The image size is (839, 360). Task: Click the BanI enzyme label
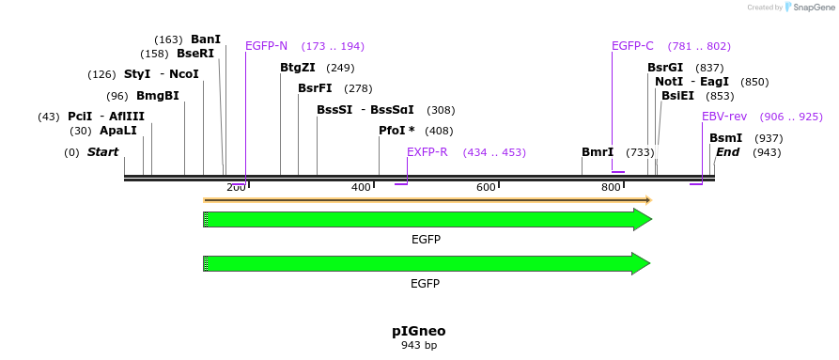point(206,39)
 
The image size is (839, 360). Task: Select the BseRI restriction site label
point(195,54)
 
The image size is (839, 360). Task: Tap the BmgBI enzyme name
point(158,96)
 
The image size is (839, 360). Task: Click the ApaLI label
point(118,131)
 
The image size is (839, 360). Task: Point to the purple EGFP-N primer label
point(266,46)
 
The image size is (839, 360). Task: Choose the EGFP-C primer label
point(632,46)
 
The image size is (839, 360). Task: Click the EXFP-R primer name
point(427,152)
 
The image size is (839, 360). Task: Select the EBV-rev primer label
point(724,117)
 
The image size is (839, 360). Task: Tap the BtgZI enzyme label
point(298,68)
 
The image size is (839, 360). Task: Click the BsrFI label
point(315,88)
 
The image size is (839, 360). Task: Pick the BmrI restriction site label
point(598,152)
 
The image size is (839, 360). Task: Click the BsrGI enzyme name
point(665,68)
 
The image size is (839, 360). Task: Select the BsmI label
point(725,138)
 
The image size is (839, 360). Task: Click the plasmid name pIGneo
point(419,331)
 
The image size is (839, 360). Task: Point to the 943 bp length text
point(419,346)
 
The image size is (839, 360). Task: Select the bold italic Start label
point(102,152)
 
